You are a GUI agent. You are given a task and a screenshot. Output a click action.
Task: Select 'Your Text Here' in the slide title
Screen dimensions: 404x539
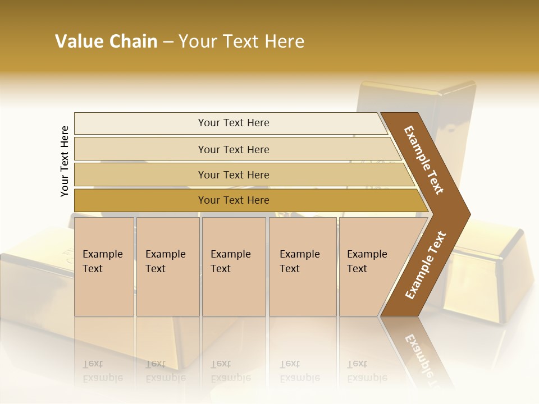click(241, 42)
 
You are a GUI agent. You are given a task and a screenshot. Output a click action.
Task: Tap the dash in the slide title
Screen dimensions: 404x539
click(168, 42)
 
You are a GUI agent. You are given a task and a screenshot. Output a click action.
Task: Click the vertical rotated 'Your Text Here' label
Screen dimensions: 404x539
click(65, 161)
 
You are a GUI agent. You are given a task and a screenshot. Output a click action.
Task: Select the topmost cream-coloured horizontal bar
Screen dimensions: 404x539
click(233, 123)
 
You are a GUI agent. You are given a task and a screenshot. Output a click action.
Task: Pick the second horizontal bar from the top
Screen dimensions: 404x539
click(233, 149)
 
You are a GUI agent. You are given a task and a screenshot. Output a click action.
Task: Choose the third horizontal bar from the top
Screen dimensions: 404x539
click(233, 175)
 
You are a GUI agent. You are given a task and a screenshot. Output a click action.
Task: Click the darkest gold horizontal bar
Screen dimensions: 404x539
click(233, 200)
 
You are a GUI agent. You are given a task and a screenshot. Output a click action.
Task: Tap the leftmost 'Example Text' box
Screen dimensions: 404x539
click(104, 267)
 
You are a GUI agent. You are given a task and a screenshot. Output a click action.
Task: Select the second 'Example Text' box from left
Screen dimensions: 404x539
click(167, 267)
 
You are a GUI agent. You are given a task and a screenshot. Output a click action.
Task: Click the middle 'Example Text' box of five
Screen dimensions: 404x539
click(234, 267)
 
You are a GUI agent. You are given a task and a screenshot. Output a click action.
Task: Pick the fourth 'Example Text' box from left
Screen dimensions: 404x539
click(302, 267)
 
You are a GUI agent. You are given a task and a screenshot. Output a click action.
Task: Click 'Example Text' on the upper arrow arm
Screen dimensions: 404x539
click(424, 160)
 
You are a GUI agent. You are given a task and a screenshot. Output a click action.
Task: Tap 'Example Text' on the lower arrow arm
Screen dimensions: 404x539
click(426, 265)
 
